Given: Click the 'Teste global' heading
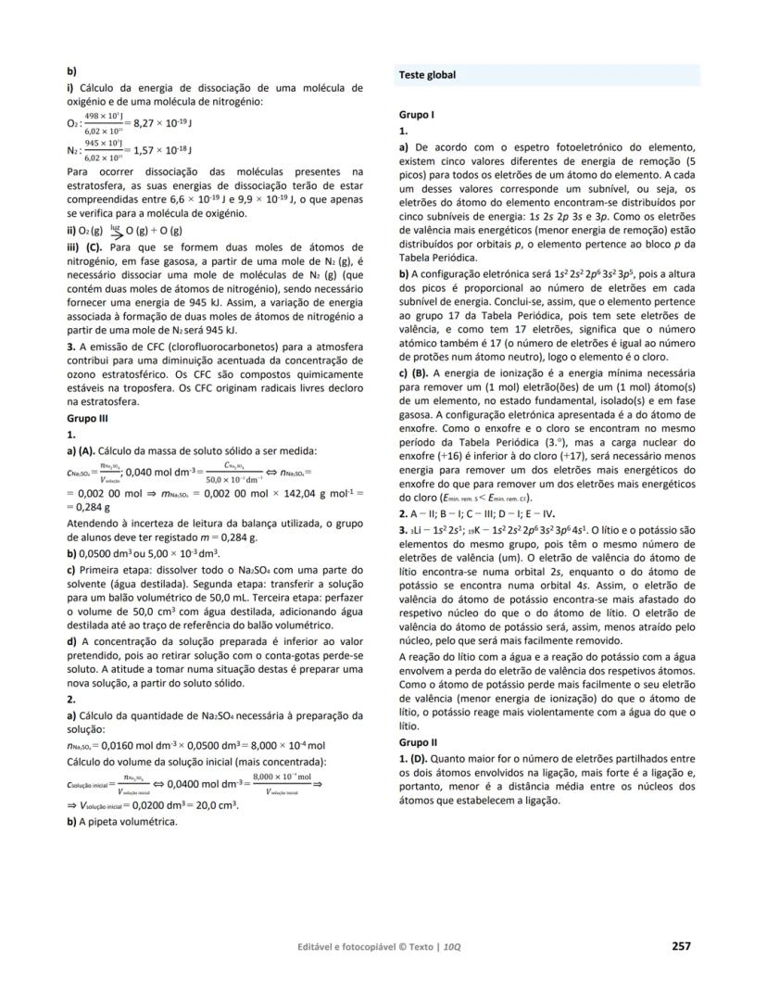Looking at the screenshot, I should pos(427,74).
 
